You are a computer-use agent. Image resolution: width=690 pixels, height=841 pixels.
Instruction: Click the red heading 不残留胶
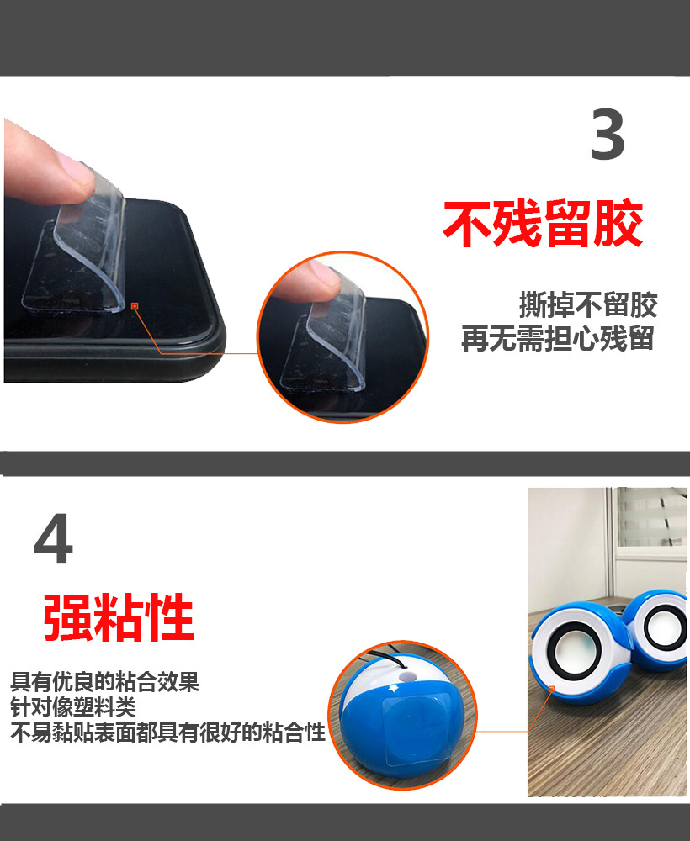tap(543, 224)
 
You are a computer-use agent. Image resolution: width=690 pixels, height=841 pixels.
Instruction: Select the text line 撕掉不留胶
tap(588, 304)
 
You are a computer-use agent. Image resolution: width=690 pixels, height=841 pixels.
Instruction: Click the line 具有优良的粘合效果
tap(105, 681)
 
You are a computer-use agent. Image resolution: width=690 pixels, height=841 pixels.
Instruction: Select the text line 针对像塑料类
tap(73, 706)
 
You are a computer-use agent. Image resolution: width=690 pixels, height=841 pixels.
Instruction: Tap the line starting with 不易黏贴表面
tap(167, 733)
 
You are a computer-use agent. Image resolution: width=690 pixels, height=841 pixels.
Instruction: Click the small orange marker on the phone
tap(135, 305)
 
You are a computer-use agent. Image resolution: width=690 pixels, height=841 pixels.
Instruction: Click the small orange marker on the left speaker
tap(552, 689)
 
